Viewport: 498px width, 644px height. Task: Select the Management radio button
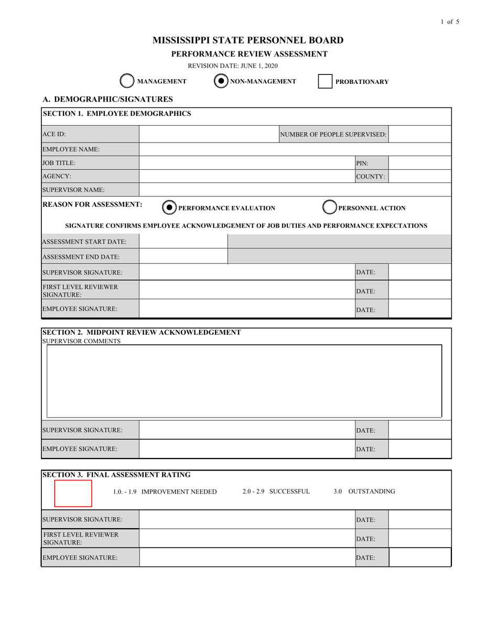coord(127,81)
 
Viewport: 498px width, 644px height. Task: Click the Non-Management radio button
coord(221,81)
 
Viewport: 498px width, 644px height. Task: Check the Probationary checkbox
coord(325,81)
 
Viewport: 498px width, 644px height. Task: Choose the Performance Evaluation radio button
coord(169,208)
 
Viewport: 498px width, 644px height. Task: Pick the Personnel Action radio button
coord(329,208)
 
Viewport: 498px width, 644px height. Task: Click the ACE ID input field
coord(209,134)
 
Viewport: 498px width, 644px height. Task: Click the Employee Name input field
coord(295,149)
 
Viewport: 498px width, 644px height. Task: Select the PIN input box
coord(419,163)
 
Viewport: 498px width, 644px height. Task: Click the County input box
coord(419,177)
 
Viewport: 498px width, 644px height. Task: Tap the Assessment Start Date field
coord(183,242)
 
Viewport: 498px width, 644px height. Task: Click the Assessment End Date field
coord(183,257)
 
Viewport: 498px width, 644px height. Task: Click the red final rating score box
coord(73,493)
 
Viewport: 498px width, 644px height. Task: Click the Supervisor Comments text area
coord(244,381)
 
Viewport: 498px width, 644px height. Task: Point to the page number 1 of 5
coord(450,21)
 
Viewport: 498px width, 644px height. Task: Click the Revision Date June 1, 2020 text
coord(233,66)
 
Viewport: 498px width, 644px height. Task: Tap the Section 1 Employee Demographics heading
coord(116,114)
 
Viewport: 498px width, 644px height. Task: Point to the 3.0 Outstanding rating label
coord(364,492)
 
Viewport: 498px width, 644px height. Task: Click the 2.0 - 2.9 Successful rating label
coord(276,492)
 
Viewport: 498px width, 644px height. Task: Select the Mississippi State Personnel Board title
coord(248,40)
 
